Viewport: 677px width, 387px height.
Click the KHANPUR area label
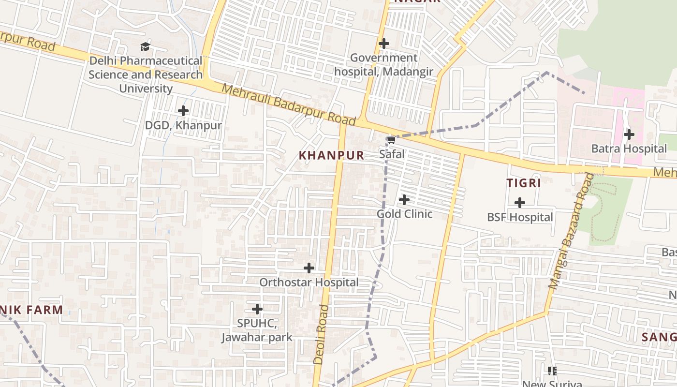click(331, 155)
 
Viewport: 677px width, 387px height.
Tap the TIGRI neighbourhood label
click(523, 183)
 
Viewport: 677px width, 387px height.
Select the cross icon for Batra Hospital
click(629, 134)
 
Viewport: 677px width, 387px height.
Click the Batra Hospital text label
click(629, 149)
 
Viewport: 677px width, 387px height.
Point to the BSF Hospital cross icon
click(520, 203)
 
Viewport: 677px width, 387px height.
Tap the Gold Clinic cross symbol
click(404, 199)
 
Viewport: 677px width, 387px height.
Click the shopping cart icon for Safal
click(391, 140)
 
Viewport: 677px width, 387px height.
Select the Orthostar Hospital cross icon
click(309, 268)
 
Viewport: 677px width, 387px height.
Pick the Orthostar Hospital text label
click(309, 282)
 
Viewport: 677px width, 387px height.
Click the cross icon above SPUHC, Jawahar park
click(257, 309)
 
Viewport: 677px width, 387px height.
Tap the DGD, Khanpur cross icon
click(183, 111)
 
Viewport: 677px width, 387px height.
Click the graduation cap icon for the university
click(145, 46)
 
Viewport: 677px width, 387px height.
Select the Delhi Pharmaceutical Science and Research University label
click(146, 74)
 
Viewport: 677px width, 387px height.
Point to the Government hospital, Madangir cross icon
click(384, 44)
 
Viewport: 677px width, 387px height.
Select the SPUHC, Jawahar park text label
click(257, 330)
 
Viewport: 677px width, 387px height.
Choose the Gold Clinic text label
click(404, 214)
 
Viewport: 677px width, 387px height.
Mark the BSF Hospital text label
click(520, 217)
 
